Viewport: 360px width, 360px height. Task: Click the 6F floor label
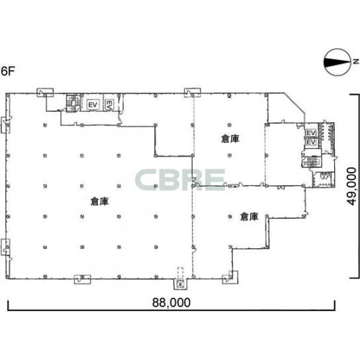8,71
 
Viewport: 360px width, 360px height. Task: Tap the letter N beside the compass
355,62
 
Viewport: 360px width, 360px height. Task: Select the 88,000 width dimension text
171,302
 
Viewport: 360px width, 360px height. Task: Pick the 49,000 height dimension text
352,186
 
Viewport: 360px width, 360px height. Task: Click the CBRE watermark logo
180,179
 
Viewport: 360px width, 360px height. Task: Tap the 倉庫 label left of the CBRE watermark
99,201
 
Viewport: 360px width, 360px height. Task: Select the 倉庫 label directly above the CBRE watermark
230,139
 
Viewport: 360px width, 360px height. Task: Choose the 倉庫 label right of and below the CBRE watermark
249,216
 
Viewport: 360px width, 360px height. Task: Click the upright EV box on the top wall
93,105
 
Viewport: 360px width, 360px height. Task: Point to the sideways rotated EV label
109,105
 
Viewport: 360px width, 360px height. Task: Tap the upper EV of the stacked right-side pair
311,133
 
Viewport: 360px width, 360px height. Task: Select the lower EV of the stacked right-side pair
311,142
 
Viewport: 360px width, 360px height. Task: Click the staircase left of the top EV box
73,103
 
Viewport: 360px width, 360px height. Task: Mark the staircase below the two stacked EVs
311,161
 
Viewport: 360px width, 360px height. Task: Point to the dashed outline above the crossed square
181,273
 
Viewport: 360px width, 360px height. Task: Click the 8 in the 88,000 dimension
157,302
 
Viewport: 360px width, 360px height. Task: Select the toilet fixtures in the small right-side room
324,176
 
